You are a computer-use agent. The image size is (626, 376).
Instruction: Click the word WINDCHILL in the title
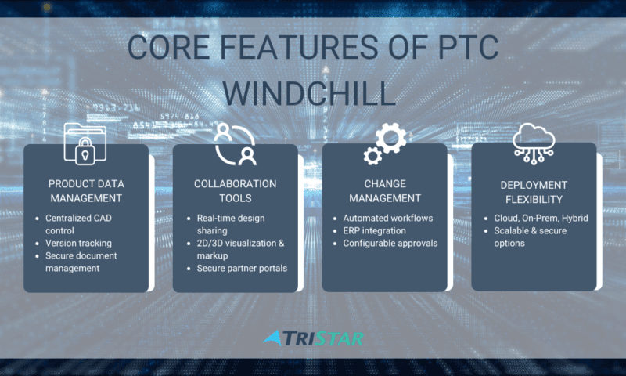(309, 93)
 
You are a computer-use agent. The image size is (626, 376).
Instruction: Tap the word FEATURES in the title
(299, 47)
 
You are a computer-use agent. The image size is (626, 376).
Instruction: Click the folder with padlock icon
(85, 144)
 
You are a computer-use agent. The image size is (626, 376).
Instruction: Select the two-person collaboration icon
(236, 145)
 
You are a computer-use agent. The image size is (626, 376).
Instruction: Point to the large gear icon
(390, 138)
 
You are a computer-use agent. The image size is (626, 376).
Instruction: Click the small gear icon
(372, 156)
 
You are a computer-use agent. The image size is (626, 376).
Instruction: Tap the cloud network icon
(534, 143)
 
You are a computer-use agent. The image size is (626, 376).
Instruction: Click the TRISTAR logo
(313, 338)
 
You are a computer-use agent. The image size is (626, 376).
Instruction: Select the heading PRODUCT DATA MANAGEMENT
(86, 191)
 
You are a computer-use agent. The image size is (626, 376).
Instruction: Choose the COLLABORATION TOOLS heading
(236, 191)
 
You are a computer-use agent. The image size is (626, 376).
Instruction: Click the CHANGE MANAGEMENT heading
(385, 191)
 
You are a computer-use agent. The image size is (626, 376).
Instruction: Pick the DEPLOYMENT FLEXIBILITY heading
(534, 192)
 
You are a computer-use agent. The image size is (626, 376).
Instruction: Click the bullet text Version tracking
(78, 243)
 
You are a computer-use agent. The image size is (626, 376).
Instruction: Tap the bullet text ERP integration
(374, 230)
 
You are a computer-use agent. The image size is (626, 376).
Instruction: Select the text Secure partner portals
(242, 268)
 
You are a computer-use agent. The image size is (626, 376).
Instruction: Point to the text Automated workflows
(387, 219)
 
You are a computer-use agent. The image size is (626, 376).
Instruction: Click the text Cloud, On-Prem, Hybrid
(541, 219)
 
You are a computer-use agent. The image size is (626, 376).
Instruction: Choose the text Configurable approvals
(390, 244)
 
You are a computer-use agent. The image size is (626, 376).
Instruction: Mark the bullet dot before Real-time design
(189, 219)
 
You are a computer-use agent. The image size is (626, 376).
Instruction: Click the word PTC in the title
(468, 47)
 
